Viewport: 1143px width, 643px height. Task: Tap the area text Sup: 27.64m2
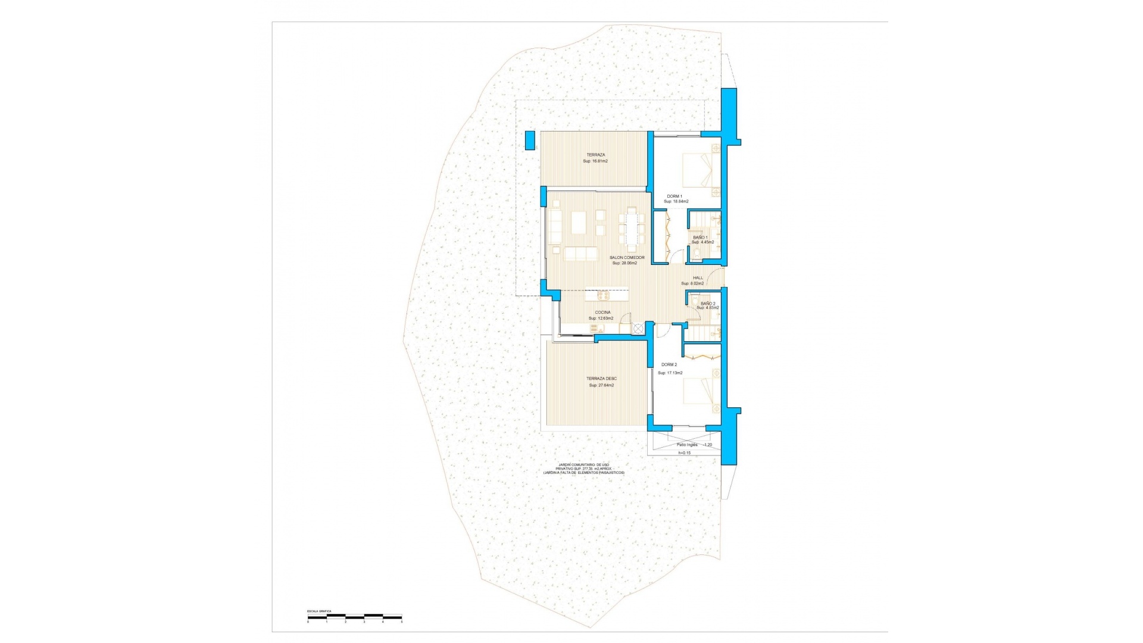pos(601,385)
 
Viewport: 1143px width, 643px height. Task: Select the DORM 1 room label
pos(674,196)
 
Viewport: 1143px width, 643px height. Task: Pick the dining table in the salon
pos(630,228)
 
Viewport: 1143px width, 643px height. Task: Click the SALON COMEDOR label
pos(626,258)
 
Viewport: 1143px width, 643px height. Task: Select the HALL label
pos(698,278)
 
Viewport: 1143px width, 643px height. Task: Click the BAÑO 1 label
pos(700,238)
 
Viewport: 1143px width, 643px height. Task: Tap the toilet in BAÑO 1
pos(695,255)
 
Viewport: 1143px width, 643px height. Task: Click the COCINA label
pos(602,313)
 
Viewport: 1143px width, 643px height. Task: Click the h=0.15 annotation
pos(685,453)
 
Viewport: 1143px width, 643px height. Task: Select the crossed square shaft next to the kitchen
pos(639,328)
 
